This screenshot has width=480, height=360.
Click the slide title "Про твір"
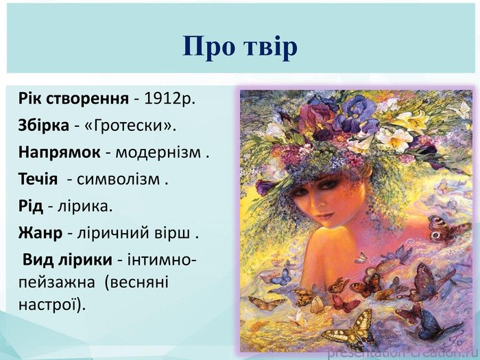240,47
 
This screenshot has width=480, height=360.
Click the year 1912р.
169,99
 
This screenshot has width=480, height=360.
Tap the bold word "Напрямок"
59,152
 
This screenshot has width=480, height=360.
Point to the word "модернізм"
158,152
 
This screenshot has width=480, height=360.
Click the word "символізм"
118,180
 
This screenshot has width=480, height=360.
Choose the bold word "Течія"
38,179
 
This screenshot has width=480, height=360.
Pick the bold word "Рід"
31,206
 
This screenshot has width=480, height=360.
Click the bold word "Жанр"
40,233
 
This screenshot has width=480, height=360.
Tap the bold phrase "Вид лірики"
67,260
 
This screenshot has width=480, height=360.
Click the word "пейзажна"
57,283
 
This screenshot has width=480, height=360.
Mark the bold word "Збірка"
44,125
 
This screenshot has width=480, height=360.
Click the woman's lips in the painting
325,216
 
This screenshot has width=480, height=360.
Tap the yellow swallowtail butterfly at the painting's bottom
350,330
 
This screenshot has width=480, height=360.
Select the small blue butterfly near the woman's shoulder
281,277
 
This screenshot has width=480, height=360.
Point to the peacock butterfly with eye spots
448,229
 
